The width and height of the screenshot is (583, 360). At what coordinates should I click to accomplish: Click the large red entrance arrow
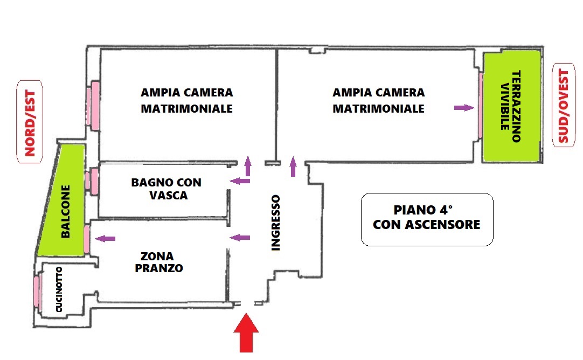[246, 333]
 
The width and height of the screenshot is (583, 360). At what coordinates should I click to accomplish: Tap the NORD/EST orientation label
[30, 122]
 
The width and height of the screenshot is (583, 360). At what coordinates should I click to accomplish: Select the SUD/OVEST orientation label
[564, 106]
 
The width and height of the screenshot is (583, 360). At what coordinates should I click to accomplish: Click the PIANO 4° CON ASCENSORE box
[427, 219]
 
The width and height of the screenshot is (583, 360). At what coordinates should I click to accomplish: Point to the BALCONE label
[65, 212]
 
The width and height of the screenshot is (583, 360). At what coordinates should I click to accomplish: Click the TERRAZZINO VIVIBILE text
[510, 106]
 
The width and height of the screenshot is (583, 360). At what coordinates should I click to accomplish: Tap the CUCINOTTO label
[59, 290]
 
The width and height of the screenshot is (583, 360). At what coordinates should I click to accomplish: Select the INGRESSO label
[275, 223]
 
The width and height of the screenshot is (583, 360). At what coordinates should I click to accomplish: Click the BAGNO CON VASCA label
[166, 189]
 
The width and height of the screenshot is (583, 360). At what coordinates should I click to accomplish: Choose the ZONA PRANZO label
[159, 262]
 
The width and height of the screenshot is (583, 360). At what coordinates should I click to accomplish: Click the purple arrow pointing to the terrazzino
[464, 108]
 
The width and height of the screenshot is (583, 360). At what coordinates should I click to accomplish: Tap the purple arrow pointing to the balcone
[105, 238]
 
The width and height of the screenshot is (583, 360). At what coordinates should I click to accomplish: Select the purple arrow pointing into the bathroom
[240, 181]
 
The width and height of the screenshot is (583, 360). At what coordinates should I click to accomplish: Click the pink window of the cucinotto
[37, 291]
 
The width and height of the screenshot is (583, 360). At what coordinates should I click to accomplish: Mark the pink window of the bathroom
[93, 181]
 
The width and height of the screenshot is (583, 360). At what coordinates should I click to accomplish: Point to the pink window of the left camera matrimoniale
[93, 106]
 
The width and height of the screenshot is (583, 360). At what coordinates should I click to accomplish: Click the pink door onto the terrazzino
[481, 106]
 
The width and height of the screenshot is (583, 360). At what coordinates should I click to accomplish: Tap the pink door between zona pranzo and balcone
[87, 239]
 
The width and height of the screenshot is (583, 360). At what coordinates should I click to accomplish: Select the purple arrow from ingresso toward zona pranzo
[240, 238]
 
